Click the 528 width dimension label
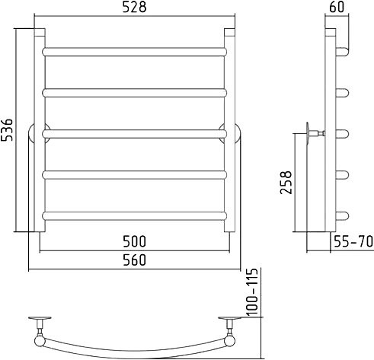(x=135, y=8)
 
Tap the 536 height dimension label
(x=7, y=129)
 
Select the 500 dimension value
(x=135, y=241)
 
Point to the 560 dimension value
(x=135, y=260)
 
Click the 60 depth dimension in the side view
(x=337, y=7)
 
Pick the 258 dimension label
(x=286, y=183)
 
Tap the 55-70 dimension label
(x=353, y=241)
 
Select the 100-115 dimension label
(x=252, y=292)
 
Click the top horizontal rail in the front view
(x=135, y=52)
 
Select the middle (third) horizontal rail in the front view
(x=135, y=134)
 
